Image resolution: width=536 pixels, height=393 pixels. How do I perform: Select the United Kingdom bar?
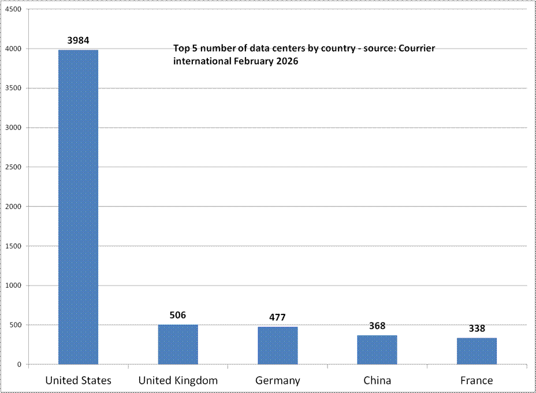(x=178, y=344)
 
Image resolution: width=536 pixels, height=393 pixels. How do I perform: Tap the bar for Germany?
(x=277, y=346)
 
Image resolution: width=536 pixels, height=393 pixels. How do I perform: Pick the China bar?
(x=377, y=350)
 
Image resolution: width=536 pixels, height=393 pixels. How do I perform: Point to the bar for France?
(x=477, y=351)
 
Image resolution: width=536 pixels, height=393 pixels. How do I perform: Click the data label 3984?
(x=79, y=40)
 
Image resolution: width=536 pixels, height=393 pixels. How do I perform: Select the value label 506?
(x=178, y=315)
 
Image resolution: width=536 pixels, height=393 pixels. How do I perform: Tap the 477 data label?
(x=277, y=317)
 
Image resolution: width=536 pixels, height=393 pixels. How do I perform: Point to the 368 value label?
(x=377, y=326)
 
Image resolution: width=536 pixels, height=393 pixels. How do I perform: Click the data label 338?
(x=477, y=328)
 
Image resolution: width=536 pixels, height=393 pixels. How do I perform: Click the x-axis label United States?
(x=79, y=380)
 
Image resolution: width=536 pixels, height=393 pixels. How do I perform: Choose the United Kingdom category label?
(x=178, y=380)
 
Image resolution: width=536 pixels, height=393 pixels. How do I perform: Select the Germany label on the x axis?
(x=277, y=380)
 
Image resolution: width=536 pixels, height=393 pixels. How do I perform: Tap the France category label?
(x=477, y=380)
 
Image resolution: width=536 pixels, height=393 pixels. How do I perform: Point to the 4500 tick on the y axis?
(x=12, y=10)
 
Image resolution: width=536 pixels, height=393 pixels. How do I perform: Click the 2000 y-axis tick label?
(x=12, y=207)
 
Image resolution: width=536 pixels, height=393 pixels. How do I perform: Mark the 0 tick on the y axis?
(x=19, y=365)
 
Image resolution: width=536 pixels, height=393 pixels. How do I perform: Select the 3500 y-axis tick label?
(x=12, y=88)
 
